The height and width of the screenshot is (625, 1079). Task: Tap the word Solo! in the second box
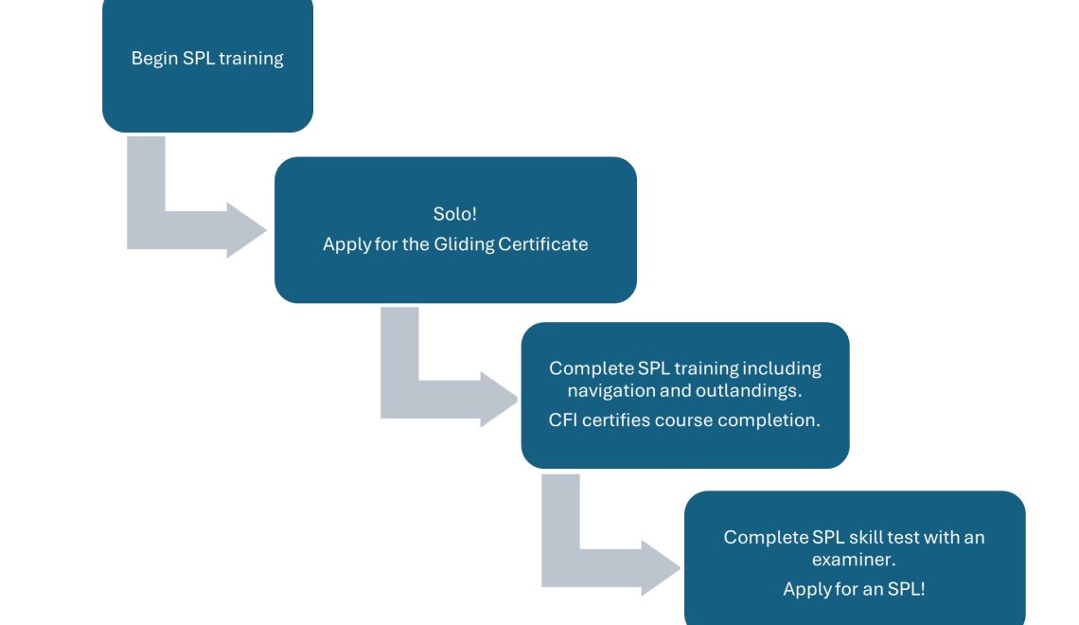454,214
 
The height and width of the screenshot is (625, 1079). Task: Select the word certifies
620,420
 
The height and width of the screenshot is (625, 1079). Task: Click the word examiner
853,560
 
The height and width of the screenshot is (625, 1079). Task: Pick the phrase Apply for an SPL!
854,589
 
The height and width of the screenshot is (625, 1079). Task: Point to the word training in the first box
251,59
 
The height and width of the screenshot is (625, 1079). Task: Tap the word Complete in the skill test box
766,537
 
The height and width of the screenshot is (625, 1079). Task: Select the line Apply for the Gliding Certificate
454,244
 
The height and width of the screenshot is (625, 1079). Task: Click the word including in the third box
781,368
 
